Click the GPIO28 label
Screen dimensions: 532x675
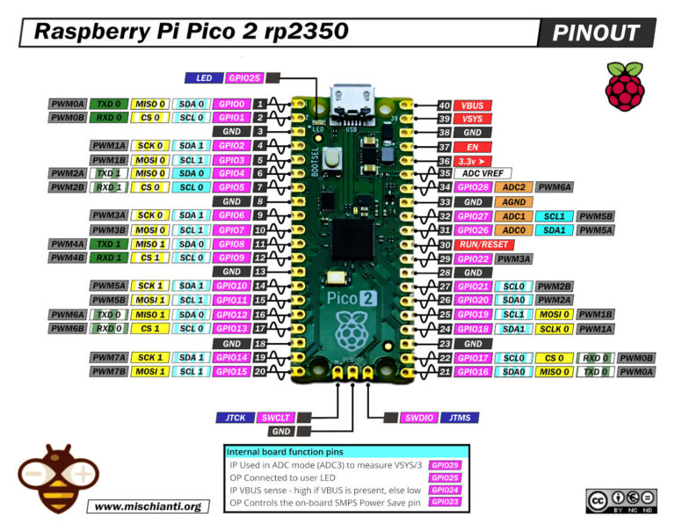point(473,188)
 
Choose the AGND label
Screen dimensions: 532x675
point(513,202)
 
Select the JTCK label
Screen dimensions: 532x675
point(234,418)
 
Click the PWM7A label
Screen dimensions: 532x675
point(109,357)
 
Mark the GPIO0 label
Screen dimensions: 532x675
point(231,104)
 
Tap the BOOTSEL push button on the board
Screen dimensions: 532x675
point(333,160)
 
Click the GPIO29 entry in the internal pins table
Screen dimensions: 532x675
point(445,463)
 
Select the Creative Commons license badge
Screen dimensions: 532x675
point(621,500)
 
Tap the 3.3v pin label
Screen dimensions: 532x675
point(473,161)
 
